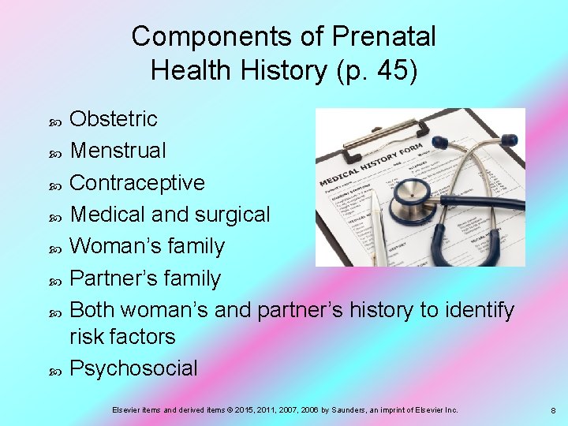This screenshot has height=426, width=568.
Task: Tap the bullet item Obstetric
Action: (x=114, y=119)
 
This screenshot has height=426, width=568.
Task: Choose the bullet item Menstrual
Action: (x=118, y=150)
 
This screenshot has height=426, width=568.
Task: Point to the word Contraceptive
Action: (x=137, y=182)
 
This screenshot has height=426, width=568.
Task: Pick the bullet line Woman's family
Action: (x=147, y=246)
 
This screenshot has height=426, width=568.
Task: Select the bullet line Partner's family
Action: (x=145, y=278)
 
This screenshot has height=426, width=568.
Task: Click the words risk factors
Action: (x=122, y=337)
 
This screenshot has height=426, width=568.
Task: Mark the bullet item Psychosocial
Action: (x=133, y=368)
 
